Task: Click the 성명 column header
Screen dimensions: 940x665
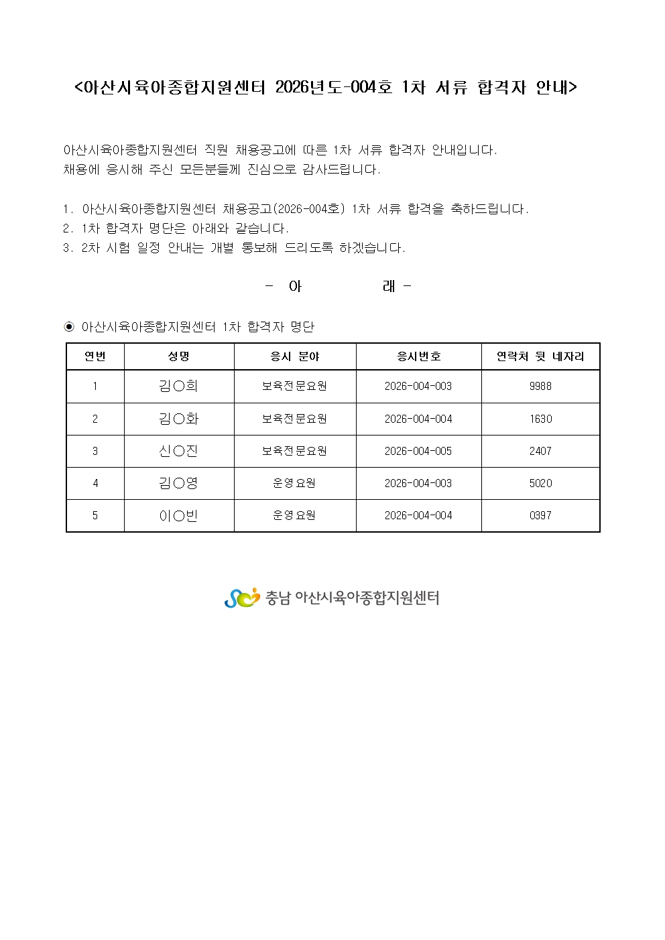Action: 178,356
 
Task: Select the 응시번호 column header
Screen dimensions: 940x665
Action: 418,356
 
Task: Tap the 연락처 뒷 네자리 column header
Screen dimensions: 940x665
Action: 540,356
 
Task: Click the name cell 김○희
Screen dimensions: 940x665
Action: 178,386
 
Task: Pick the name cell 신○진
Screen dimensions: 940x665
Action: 178,451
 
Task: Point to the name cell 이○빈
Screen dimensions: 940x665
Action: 178,516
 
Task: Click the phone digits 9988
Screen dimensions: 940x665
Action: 540,386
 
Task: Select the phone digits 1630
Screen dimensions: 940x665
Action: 540,419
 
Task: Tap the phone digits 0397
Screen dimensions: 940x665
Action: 540,515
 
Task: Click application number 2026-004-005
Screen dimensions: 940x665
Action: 418,451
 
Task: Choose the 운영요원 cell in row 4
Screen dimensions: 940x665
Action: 294,483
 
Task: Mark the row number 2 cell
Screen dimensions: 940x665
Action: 95,419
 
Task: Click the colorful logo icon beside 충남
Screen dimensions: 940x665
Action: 241,598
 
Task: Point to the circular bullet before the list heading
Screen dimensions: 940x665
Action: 69,327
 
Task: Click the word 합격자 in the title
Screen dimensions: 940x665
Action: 501,87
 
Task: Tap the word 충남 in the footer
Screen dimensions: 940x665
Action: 278,598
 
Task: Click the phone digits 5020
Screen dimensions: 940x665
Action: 540,483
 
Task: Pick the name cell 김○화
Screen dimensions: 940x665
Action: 178,419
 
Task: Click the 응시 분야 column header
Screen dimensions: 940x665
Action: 294,356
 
